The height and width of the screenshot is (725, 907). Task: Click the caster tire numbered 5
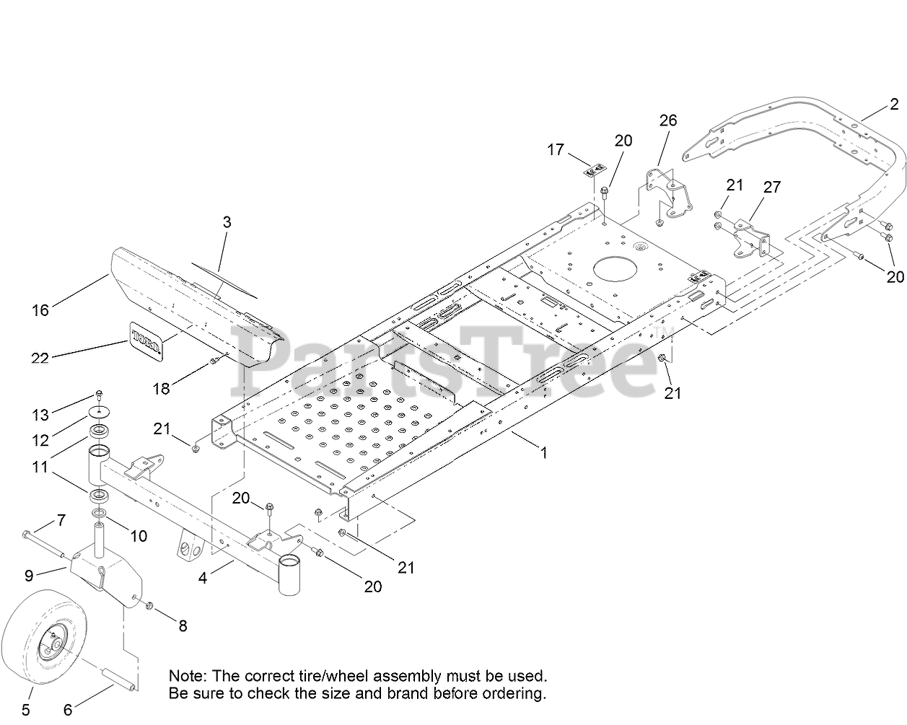coord(44,637)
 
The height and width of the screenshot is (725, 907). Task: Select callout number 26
coord(668,120)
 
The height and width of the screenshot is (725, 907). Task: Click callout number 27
coord(772,187)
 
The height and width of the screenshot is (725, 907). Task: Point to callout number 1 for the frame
coord(544,453)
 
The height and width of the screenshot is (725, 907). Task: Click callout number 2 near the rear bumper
coord(894,104)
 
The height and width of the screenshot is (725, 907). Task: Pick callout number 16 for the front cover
coord(40,310)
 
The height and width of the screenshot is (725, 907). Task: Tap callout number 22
coord(40,359)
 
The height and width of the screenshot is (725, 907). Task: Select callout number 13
coord(40,416)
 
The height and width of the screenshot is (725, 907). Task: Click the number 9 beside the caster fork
coord(29,576)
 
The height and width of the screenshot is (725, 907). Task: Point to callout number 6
coord(68,710)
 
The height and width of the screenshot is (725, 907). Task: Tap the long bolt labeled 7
coord(43,545)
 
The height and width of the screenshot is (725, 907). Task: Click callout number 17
coord(555,149)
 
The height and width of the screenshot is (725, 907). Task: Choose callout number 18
coord(161,389)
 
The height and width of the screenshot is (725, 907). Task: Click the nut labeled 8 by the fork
coord(149,606)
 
